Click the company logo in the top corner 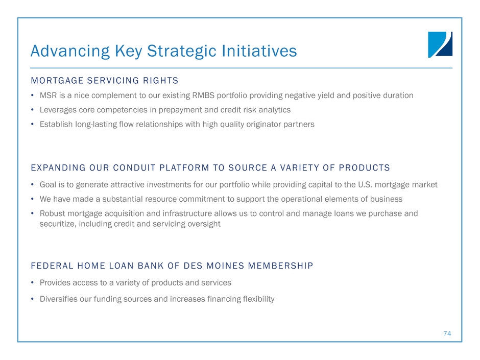[440, 45]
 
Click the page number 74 [447, 333]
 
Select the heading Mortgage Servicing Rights [104, 81]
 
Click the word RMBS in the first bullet [203, 95]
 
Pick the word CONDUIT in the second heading [134, 168]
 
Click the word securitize [58, 224]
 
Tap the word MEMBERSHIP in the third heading [281, 266]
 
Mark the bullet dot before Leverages [32, 110]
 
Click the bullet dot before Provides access [32, 282]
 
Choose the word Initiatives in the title [259, 51]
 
